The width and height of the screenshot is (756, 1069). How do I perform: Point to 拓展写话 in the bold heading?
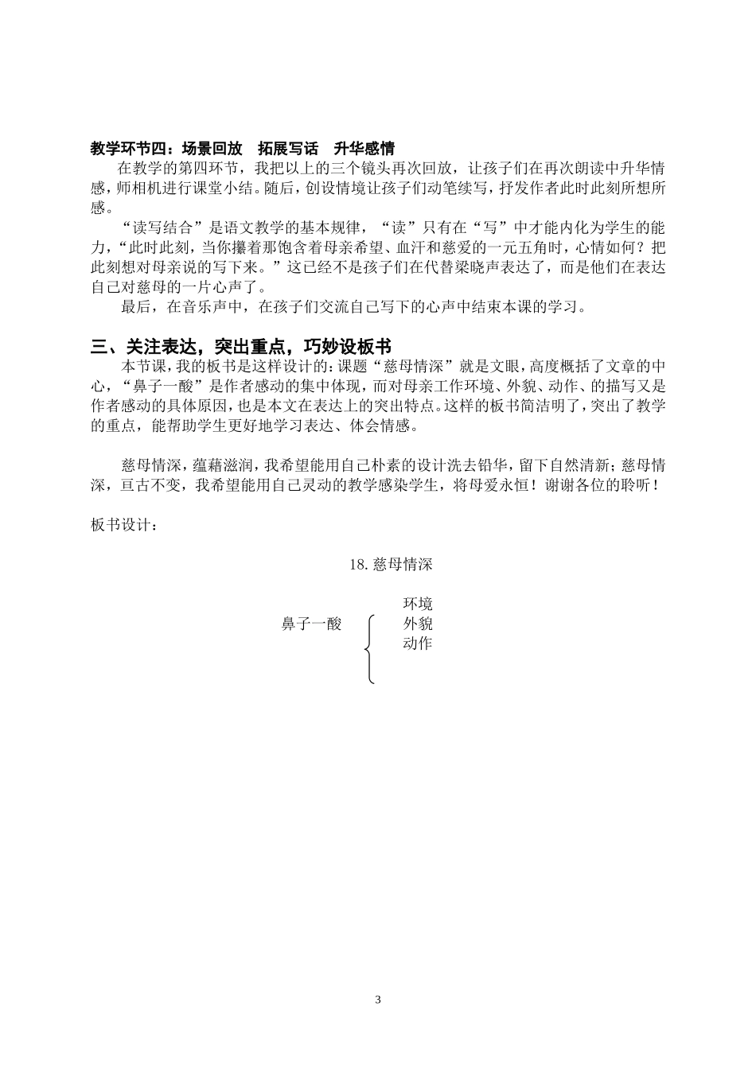pyautogui.click(x=287, y=148)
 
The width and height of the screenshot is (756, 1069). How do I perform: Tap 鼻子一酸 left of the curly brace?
pyautogui.click(x=312, y=624)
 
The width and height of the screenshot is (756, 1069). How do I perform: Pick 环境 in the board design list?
pyautogui.click(x=418, y=604)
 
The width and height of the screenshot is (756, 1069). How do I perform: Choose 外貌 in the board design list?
pyautogui.click(x=418, y=624)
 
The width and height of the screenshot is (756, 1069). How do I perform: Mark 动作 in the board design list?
pyautogui.click(x=418, y=643)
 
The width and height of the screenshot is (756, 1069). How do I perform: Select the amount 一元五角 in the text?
pyautogui.click(x=506, y=248)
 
